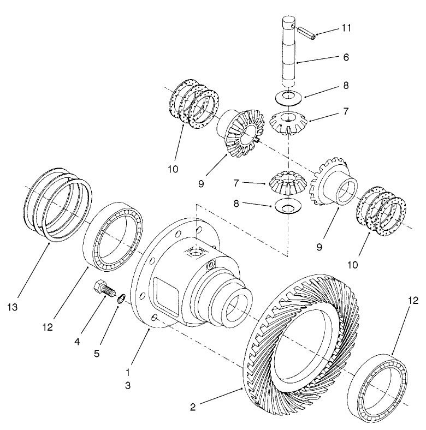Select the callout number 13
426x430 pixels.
pos(13,308)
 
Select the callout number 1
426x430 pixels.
pos(127,372)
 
